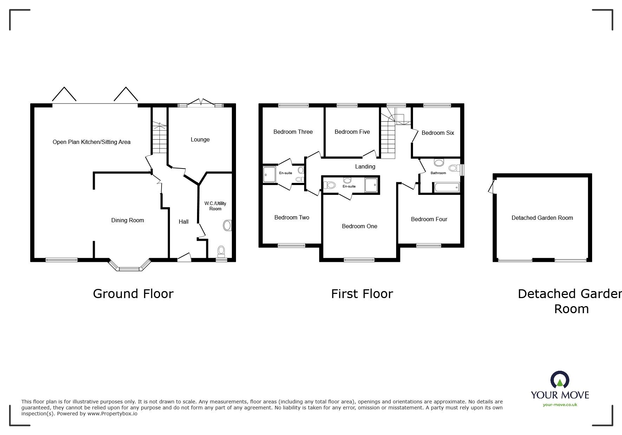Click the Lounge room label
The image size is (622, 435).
[x=200, y=139]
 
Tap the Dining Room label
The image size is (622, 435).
[x=127, y=220]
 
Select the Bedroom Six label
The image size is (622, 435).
[x=438, y=133]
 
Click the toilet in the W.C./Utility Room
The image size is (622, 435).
[x=221, y=251]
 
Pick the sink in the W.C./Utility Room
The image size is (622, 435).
[x=228, y=225]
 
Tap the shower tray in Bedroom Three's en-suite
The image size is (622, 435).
[x=269, y=174]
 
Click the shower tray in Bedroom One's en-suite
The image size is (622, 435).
[x=372, y=185]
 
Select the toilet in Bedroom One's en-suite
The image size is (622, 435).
[x=329, y=185]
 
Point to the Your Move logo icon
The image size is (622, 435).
[x=559, y=380]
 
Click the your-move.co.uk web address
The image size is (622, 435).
[x=560, y=405]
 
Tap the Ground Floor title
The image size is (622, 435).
[x=133, y=294]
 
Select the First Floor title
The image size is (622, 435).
[x=362, y=294]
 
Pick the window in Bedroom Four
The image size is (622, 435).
[x=428, y=245]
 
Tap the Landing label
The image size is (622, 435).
[x=365, y=166]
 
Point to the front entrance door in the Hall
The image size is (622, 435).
[x=184, y=258]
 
